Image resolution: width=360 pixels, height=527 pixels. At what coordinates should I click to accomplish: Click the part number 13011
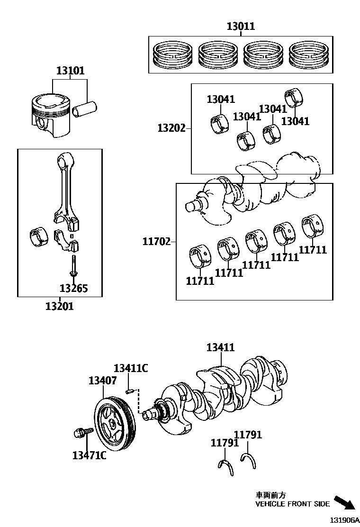(240, 27)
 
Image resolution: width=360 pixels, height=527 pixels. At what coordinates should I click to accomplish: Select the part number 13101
(70, 71)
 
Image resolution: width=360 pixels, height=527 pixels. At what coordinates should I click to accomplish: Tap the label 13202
(171, 128)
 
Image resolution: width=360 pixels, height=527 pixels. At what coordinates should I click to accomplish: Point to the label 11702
(156, 242)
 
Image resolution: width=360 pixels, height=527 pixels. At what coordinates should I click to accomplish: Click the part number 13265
(73, 288)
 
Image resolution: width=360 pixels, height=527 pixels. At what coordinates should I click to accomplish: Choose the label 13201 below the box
(59, 306)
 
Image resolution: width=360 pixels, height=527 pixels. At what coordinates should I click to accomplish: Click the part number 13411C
(131, 368)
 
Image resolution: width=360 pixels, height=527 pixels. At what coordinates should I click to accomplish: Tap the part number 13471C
(89, 455)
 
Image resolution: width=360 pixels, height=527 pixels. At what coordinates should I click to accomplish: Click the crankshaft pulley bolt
(82, 433)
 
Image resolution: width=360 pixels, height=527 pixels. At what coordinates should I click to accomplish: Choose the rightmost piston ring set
(308, 54)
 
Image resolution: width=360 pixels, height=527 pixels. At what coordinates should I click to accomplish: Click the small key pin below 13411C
(130, 391)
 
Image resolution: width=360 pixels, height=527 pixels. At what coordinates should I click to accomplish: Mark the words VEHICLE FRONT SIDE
(292, 504)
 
